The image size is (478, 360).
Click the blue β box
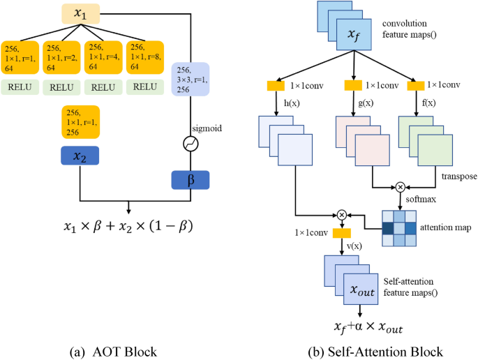click(x=191, y=179)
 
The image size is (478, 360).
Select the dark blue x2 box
click(x=80, y=157)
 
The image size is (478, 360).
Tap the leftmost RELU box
click(x=20, y=88)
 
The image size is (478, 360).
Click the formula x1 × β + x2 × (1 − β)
click(x=128, y=227)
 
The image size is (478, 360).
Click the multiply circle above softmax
click(x=400, y=187)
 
